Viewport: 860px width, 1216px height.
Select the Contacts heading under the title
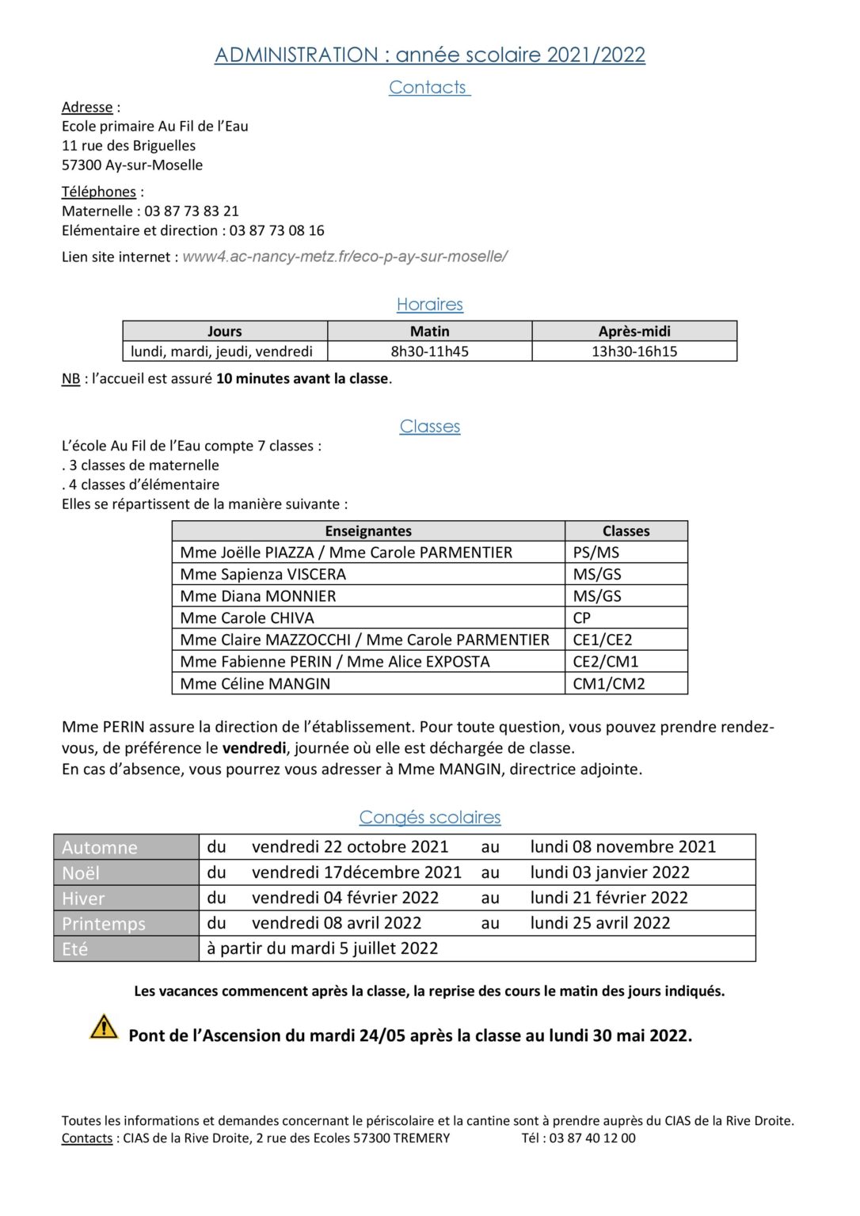tap(428, 87)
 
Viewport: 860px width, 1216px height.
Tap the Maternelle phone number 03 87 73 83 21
tap(191, 211)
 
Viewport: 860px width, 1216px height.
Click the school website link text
tap(344, 256)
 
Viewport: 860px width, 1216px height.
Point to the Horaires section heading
tap(429, 304)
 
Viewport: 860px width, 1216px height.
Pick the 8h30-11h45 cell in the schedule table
tap(429, 351)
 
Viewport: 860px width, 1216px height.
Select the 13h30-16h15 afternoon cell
tap(634, 351)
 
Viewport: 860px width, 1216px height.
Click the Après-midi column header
tap(634, 331)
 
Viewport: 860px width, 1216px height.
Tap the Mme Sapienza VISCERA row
tap(263, 574)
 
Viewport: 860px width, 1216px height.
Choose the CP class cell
tap(582, 617)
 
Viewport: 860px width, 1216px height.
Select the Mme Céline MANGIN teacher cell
tap(255, 683)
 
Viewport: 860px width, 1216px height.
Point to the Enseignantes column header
tap(368, 530)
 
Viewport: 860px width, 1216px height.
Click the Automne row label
tap(100, 847)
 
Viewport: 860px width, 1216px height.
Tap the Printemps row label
tap(104, 924)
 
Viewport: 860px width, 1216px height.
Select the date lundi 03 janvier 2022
tap(610, 872)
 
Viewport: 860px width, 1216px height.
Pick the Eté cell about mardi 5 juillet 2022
tap(322, 948)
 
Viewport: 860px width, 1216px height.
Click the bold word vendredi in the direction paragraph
tap(254, 748)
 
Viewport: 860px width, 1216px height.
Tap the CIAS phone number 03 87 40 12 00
tap(592, 1138)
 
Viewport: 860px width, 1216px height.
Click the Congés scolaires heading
tap(430, 817)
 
